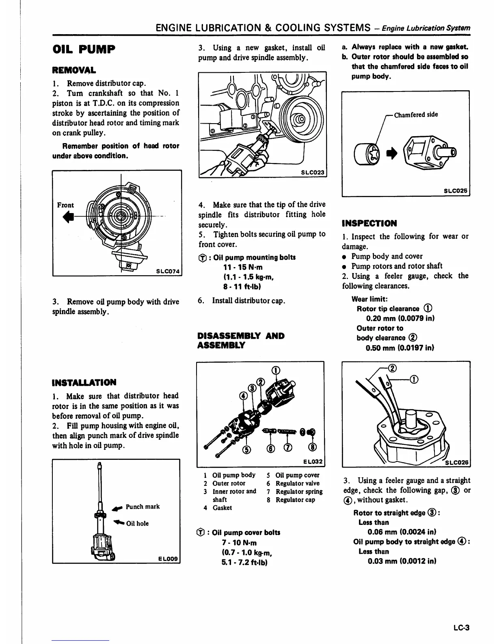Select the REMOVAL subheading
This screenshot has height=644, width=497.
(74, 70)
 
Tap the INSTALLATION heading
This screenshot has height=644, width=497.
(84, 382)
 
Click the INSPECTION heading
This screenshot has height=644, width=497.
(369, 223)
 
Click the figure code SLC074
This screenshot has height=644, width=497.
(168, 271)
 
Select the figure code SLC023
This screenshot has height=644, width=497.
(313, 172)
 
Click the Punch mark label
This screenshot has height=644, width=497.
(143, 507)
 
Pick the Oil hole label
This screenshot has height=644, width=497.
(137, 523)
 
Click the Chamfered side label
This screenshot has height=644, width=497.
(416, 115)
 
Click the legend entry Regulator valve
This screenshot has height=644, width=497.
(297, 483)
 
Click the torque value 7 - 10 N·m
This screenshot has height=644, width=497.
(239, 543)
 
